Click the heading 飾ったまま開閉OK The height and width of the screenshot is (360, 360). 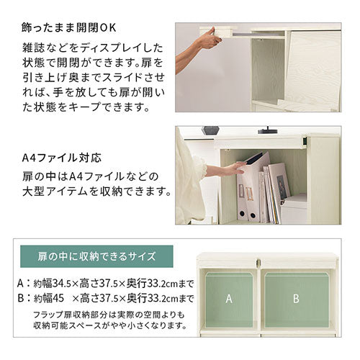click(x=69, y=28)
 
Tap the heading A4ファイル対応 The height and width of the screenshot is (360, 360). click(x=62, y=158)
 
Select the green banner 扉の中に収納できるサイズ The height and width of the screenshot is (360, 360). click(x=96, y=256)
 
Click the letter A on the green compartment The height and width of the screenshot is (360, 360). click(x=229, y=299)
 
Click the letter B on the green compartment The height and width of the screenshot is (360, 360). click(x=296, y=299)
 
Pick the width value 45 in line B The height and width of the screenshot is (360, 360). click(x=58, y=298)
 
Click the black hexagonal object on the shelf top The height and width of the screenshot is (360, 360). click(x=210, y=130)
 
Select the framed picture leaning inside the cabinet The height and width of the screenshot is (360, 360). click(x=279, y=181)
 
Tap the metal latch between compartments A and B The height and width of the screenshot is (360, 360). click(x=258, y=263)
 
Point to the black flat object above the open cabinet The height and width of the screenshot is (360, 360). click(x=268, y=132)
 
